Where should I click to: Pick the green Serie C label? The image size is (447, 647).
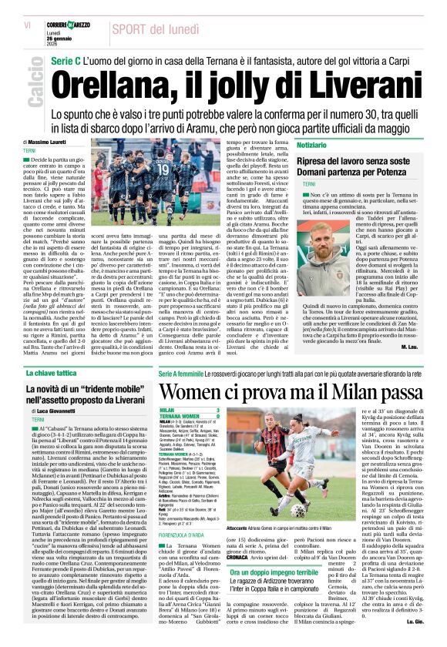[66, 60]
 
